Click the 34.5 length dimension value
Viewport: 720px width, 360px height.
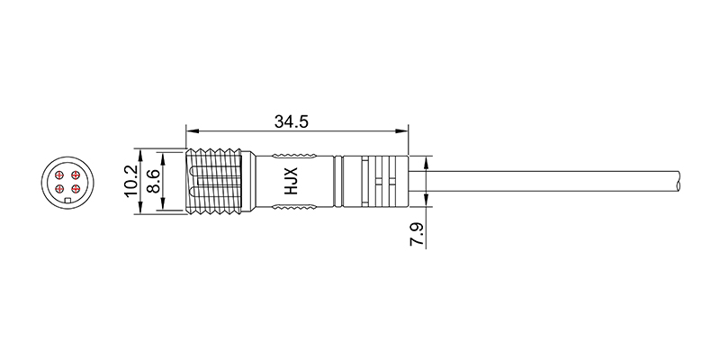click(x=292, y=121)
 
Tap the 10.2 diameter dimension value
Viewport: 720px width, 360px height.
click(x=130, y=181)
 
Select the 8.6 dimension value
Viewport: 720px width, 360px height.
click(x=153, y=182)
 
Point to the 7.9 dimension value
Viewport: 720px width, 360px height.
click(x=417, y=235)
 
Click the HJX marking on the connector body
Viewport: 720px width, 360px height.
click(x=291, y=181)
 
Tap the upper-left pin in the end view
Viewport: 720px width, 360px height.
click(x=59, y=175)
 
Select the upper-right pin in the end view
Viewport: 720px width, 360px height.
click(x=76, y=175)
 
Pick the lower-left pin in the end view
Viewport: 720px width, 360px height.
click(x=59, y=189)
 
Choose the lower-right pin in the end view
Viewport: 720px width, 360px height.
click(x=76, y=189)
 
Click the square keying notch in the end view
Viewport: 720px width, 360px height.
click(x=67, y=200)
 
